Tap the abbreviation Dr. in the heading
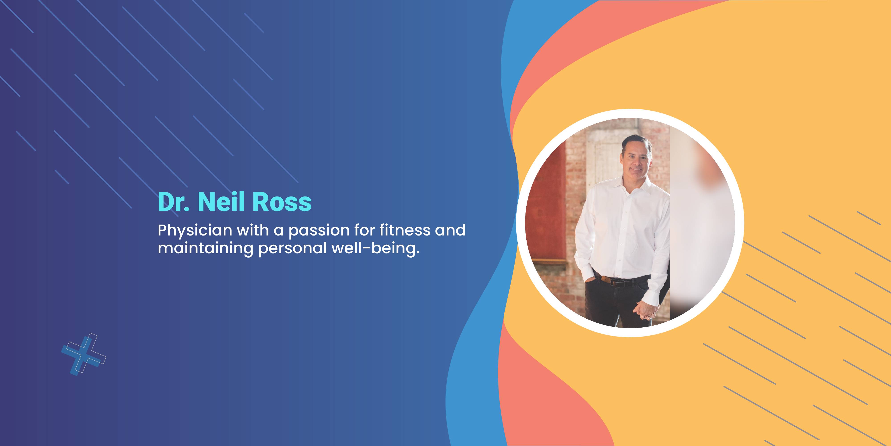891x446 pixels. (174, 202)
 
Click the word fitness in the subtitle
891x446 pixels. (404, 230)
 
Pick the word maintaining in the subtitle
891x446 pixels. (205, 249)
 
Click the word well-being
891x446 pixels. (376, 249)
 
